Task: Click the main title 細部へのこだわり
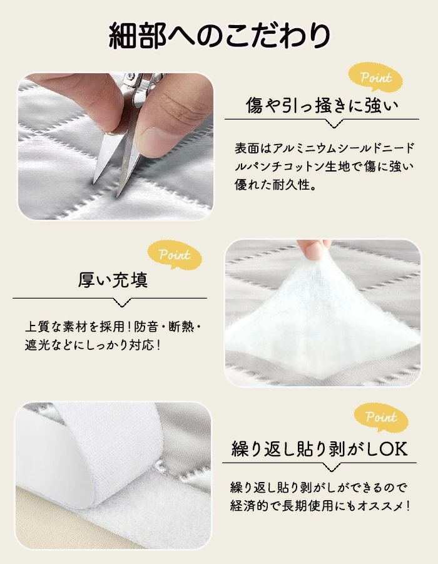(219, 35)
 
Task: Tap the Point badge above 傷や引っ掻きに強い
(376, 77)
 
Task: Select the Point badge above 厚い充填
(175, 255)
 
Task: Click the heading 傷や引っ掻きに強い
(322, 105)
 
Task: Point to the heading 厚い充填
(113, 280)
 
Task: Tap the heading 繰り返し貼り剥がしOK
(319, 449)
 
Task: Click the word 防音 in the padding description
(146, 327)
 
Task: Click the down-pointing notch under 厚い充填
(122, 302)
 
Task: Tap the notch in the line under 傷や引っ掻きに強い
(334, 123)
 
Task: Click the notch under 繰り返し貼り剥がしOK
(331, 467)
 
